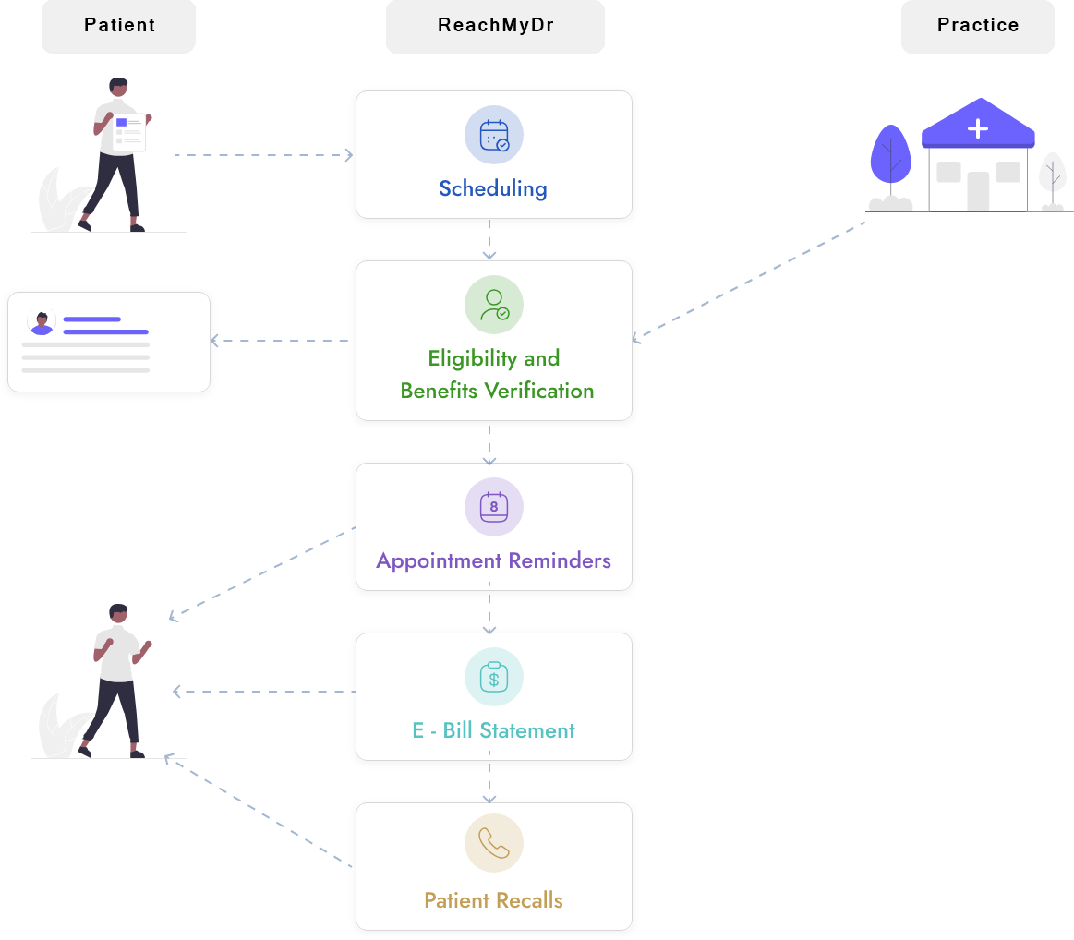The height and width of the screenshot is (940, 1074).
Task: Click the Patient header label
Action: (119, 26)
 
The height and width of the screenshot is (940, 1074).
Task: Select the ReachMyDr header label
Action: (495, 26)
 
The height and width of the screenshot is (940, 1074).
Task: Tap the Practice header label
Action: (977, 26)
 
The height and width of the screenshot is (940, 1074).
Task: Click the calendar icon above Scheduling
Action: (494, 135)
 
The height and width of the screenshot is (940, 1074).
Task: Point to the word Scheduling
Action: (493, 189)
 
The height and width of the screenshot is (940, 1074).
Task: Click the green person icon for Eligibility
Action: (494, 305)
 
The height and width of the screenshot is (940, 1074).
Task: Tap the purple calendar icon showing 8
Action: (494, 507)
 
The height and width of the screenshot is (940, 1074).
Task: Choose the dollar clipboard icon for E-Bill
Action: (494, 677)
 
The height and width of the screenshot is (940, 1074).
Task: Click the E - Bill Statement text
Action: (493, 730)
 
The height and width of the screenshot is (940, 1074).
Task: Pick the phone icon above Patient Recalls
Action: (494, 843)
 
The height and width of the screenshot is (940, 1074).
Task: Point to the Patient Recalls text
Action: (493, 900)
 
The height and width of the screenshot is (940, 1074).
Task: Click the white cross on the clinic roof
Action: (977, 129)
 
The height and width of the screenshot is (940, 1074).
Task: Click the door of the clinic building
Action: (978, 191)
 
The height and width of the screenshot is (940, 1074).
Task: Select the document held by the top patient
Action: (129, 131)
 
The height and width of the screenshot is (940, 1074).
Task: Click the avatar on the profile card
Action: (42, 323)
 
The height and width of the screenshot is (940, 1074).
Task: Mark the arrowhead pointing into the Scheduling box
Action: (349, 155)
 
